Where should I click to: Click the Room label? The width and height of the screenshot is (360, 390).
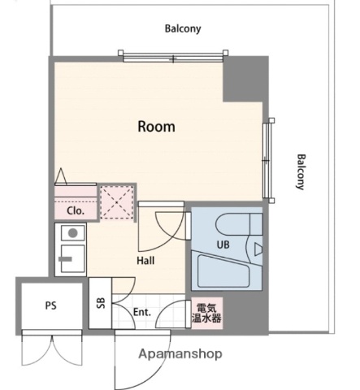(x=156, y=127)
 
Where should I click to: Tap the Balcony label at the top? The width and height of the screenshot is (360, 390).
(x=183, y=28)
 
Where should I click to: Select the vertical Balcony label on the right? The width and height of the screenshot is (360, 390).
(x=301, y=172)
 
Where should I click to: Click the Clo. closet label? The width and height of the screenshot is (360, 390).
(x=76, y=210)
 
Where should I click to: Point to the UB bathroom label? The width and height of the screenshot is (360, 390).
(x=223, y=245)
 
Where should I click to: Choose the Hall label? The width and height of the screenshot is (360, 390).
(x=145, y=261)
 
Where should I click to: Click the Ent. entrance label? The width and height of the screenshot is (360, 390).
(x=142, y=312)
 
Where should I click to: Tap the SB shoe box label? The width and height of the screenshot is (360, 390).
(x=101, y=303)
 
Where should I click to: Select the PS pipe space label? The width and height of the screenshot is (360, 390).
(x=51, y=305)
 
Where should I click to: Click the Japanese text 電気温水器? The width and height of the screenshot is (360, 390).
(x=206, y=314)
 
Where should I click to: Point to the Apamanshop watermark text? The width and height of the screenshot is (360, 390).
(x=180, y=353)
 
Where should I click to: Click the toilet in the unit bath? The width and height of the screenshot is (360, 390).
(x=239, y=224)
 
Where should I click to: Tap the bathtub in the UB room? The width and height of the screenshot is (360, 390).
(x=223, y=271)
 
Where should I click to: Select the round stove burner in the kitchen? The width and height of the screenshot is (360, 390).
(x=72, y=233)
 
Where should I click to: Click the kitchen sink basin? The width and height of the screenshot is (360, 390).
(x=72, y=258)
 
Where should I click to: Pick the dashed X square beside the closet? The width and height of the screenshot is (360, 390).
(x=117, y=202)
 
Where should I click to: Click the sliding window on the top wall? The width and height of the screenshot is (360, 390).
(x=173, y=57)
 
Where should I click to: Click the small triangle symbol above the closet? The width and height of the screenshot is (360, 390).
(x=61, y=176)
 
